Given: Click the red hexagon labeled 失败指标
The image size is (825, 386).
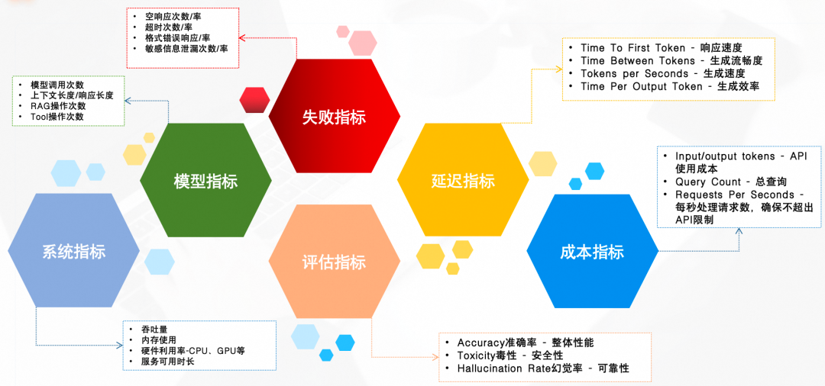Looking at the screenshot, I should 334,117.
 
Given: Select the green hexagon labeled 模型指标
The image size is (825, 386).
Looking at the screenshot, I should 205,181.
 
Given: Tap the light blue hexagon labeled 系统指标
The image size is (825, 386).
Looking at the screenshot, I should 74,252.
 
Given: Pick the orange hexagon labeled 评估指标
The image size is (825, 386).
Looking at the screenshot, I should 334,261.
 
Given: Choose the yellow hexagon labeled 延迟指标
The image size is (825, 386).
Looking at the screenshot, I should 463,181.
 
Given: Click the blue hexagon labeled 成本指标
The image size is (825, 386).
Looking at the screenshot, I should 592,252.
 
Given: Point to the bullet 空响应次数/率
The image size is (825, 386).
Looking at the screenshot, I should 173,15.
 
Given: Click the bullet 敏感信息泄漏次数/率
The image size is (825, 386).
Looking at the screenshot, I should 186,48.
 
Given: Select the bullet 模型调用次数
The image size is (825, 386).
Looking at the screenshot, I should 57,85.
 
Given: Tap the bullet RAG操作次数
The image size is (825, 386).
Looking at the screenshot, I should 58,106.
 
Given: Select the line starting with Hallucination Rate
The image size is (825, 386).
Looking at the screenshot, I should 542,368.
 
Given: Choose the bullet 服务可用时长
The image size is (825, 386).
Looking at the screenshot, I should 167,361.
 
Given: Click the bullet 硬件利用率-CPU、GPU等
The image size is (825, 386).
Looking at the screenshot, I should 192,350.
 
